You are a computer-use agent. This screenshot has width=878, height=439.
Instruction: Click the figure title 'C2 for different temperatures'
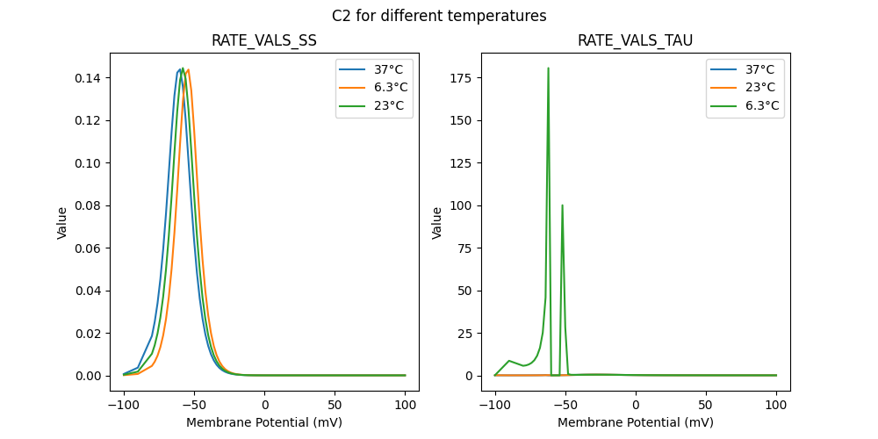click(439, 16)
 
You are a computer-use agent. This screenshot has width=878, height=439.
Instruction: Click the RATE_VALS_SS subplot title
click(264, 41)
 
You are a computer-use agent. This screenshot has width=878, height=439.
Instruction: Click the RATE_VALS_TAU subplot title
click(635, 41)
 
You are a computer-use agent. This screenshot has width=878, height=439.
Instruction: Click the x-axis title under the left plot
click(264, 422)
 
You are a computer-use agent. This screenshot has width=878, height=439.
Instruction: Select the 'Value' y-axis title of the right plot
click(437, 223)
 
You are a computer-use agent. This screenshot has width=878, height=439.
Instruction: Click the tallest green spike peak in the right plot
click(549, 68)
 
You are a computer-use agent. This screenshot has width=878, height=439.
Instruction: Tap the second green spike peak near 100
click(562, 205)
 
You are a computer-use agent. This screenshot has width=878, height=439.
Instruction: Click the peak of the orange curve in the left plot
click(188, 70)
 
